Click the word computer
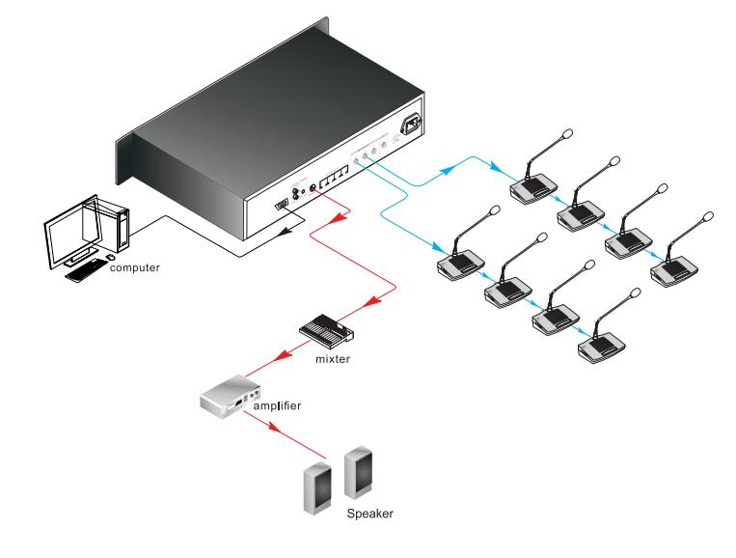click(x=135, y=266)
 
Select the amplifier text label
click(x=277, y=406)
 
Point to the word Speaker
click(x=370, y=515)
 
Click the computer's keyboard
click(x=86, y=267)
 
